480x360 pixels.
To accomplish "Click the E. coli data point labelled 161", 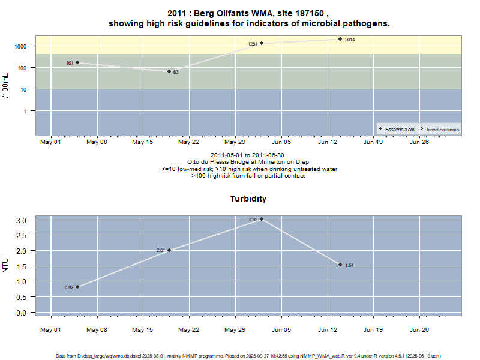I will (x=77, y=62).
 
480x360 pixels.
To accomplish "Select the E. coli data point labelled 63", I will (x=169, y=71).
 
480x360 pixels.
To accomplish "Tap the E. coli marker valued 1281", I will (x=262, y=43).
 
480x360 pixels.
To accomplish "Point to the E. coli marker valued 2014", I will (x=340, y=39).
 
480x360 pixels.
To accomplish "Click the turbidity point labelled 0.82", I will (x=77, y=287).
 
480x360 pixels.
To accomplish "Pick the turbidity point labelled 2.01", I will (x=169, y=250).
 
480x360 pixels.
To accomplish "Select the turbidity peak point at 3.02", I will (x=262, y=219).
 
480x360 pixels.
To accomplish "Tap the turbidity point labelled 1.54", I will (x=340, y=265).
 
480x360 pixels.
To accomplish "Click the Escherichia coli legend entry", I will (x=397, y=129).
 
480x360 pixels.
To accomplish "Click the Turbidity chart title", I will (x=248, y=199).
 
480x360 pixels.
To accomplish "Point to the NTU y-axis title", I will (x=6, y=265).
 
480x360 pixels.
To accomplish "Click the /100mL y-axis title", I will (x=6, y=85).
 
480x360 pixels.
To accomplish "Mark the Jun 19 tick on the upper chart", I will (x=373, y=142).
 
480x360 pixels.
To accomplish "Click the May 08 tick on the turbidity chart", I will (x=97, y=329).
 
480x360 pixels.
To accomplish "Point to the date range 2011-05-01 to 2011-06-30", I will (x=248, y=155).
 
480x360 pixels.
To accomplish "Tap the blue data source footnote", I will (x=248, y=356).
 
